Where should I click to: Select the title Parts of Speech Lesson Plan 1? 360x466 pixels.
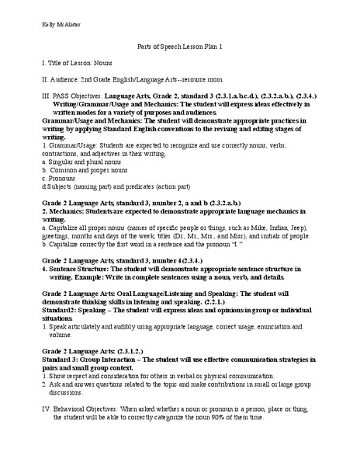[179, 47]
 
